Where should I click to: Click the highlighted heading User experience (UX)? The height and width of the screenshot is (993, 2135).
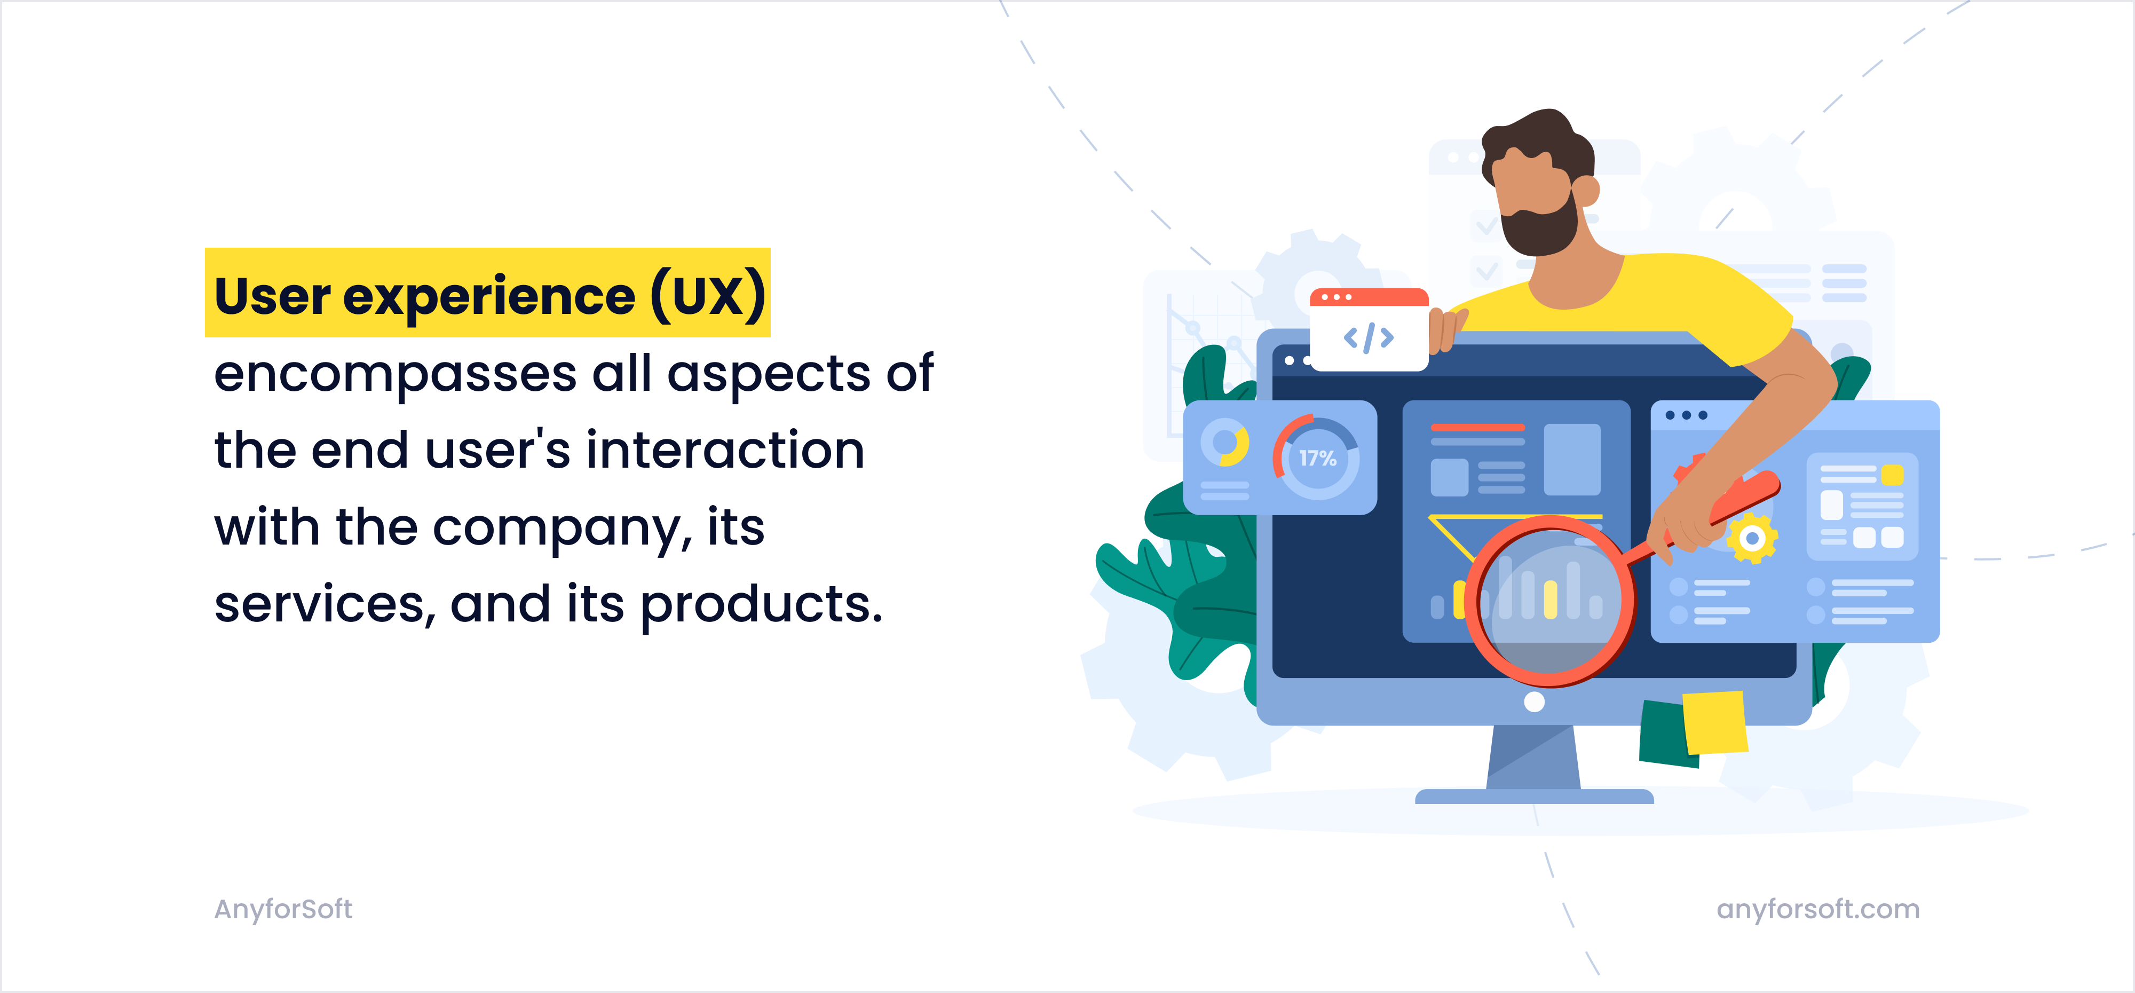point(488,294)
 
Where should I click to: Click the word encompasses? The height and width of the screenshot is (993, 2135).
point(394,374)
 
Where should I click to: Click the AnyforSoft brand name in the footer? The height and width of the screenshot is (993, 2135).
point(283,909)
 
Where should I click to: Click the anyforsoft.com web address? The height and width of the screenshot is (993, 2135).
point(1817,909)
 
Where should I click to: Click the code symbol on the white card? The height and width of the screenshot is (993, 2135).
point(1369,337)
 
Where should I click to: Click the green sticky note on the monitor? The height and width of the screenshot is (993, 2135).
point(1662,734)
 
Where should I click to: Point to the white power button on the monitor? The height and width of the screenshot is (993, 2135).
point(1534,702)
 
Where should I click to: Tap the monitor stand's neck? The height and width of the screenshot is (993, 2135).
point(1533,759)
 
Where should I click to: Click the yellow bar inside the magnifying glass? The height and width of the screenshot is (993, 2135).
point(1550,598)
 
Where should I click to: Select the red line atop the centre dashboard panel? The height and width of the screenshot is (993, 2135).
point(1477,428)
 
